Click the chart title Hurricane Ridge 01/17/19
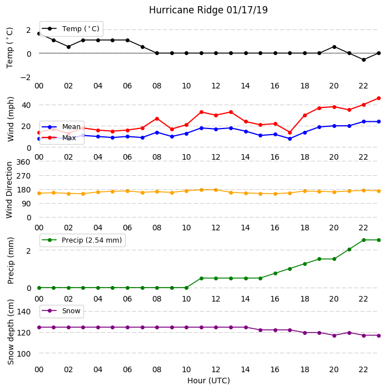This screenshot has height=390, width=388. click(208, 10)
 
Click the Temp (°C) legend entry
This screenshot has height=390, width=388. click(71, 29)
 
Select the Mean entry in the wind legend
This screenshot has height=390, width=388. click(61, 127)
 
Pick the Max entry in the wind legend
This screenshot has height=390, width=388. click(59, 137)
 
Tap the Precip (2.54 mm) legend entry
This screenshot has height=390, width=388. click(82, 240)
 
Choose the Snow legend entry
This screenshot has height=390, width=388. click(61, 311)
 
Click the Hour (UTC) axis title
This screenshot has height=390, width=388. click(208, 381)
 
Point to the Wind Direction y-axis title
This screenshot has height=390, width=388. click(9, 190)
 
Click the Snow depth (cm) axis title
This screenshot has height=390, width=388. click(11, 332)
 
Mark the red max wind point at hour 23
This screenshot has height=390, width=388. click(379, 98)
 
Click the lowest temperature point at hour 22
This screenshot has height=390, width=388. click(364, 60)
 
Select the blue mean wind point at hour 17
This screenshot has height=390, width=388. click(290, 139)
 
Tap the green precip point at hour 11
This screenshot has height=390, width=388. click(202, 278)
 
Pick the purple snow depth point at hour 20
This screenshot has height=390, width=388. click(334, 335)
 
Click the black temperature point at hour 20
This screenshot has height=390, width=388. click(334, 47)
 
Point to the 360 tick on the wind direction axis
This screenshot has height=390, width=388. click(23, 162)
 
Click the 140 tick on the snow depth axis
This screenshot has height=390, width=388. click(23, 312)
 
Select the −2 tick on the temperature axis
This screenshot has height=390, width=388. click(26, 77)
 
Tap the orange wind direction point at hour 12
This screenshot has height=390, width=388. click(216, 190)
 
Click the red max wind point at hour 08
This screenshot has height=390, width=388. click(157, 119)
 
